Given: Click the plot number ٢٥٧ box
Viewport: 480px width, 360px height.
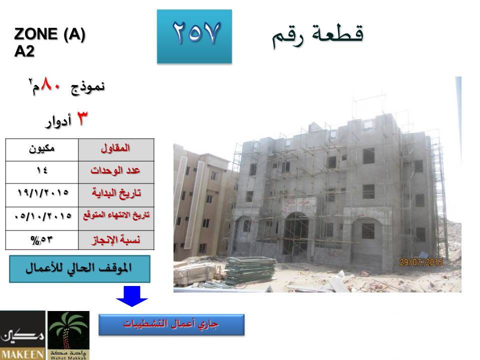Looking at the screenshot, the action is click(x=194, y=36).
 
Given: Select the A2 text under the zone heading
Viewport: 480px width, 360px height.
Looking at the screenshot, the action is click(x=24, y=51).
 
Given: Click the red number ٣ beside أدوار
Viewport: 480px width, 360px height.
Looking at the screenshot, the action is click(x=81, y=118).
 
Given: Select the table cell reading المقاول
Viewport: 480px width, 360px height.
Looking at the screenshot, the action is click(x=116, y=150).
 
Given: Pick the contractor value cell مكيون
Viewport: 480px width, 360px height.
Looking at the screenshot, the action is click(x=42, y=150).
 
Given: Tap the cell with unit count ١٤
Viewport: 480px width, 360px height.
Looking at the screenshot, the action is click(x=42, y=172).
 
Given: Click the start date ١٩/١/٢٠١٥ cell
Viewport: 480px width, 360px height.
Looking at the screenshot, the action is click(x=42, y=195).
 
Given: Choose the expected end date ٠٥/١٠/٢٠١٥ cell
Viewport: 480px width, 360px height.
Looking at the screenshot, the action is click(x=42, y=218).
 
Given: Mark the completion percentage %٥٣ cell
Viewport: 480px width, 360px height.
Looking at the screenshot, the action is click(x=42, y=240).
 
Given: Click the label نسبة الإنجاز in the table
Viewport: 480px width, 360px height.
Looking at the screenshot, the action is click(x=116, y=240).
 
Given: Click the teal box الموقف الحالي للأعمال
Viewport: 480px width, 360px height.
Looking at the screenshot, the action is click(x=79, y=269).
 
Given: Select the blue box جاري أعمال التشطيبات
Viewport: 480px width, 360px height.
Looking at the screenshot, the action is click(x=171, y=324).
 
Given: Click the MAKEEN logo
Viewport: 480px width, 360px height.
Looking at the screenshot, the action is click(x=22, y=335).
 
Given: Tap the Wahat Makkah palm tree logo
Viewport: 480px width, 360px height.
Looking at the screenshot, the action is click(x=68, y=335).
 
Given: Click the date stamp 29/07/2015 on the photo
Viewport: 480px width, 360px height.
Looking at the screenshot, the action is click(x=421, y=262).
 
